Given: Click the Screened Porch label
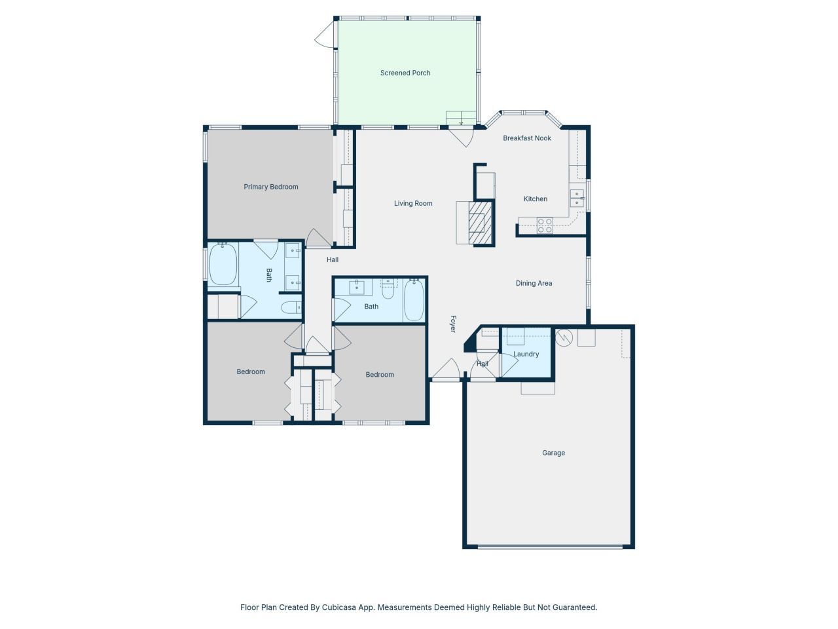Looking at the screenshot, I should (405, 73).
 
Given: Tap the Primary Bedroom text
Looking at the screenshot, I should (271, 187).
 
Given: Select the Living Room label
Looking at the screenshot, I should (413, 203).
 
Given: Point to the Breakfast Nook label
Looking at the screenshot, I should (527, 138).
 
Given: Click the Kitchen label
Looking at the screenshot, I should (535, 199).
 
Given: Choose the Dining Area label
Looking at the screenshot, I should (534, 283).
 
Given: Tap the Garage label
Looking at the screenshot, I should (553, 453).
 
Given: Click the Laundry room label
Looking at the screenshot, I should (526, 354).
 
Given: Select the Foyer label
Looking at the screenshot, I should (452, 324).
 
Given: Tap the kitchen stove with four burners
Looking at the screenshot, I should (545, 225).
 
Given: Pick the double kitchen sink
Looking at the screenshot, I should (577, 199).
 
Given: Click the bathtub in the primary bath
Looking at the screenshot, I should (223, 264).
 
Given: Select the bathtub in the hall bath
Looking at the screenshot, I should (413, 300).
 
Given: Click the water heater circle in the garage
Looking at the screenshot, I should (564, 338).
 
